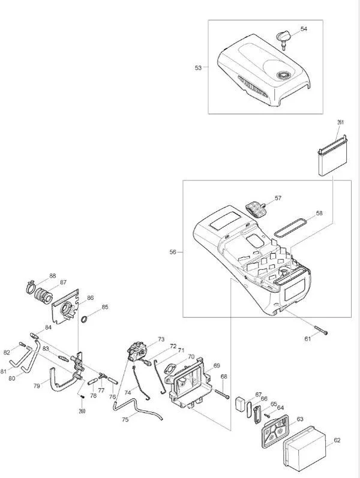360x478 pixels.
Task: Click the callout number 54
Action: tap(304, 29)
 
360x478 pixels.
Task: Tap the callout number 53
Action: tap(199, 68)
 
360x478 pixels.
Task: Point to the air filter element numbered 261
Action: tap(333, 156)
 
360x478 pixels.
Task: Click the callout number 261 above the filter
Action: tap(340, 122)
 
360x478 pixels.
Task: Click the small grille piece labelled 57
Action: tap(256, 209)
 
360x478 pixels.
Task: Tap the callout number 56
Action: tap(173, 252)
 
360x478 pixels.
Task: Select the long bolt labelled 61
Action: tap(321, 330)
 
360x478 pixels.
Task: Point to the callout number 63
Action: tap(300, 419)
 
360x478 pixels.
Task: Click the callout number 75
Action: tap(125, 419)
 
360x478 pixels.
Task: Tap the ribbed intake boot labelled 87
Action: tap(44, 294)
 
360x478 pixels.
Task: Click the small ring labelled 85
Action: tap(85, 320)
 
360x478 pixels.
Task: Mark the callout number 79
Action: tap(37, 386)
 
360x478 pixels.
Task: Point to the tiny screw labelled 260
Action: tap(82, 396)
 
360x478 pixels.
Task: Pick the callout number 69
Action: tap(217, 365)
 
